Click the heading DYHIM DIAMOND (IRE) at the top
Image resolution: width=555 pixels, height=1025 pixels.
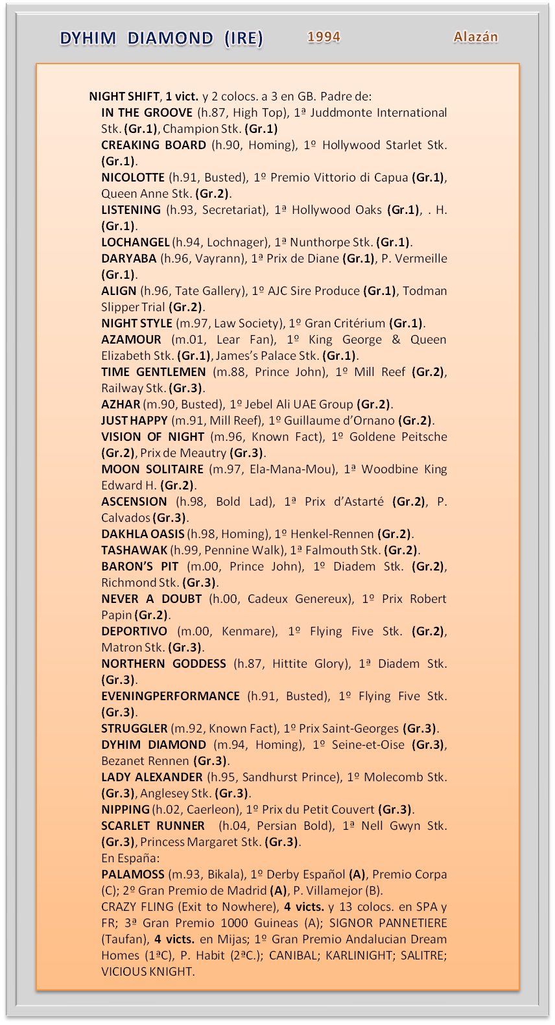(x=161, y=38)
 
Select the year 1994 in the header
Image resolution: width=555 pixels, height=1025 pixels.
(x=324, y=37)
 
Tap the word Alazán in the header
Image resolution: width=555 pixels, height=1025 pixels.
(x=476, y=37)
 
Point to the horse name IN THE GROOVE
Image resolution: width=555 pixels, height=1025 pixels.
(x=147, y=113)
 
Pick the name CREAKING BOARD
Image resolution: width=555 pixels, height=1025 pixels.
(x=154, y=145)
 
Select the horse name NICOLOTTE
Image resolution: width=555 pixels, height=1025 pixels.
(x=133, y=178)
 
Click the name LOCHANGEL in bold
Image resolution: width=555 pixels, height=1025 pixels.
(x=136, y=242)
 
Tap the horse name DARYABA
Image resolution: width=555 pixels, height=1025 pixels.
(x=129, y=259)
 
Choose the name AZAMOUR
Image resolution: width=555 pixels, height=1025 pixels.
(x=131, y=340)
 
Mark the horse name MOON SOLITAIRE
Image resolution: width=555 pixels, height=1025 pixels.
(x=152, y=469)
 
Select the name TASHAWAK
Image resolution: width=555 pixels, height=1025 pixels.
(x=134, y=550)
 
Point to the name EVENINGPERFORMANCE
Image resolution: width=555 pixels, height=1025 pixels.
(x=171, y=696)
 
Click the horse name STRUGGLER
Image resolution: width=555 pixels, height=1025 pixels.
(x=134, y=729)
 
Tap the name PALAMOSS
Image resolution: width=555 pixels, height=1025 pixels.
(x=133, y=875)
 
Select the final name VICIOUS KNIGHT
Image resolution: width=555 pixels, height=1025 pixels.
(x=147, y=972)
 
